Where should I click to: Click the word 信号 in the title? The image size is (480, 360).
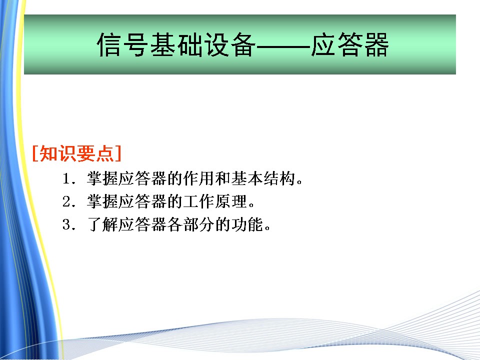pyautogui.click(x=123, y=44)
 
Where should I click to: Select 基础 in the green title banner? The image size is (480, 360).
pyautogui.click(x=176, y=44)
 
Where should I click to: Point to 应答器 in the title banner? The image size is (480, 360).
pyautogui.click(x=350, y=44)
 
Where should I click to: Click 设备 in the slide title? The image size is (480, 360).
pyautogui.click(x=230, y=44)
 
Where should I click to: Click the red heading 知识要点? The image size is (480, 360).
pyautogui.click(x=76, y=153)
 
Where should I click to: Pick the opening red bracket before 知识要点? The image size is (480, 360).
pyautogui.click(x=35, y=153)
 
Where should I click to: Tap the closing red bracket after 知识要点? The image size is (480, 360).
pyautogui.click(x=118, y=153)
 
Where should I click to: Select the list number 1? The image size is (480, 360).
pyautogui.click(x=67, y=178)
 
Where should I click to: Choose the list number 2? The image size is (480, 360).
pyautogui.click(x=67, y=201)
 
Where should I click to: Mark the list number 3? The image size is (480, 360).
pyautogui.click(x=67, y=224)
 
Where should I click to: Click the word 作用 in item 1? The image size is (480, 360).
pyautogui.click(x=198, y=178)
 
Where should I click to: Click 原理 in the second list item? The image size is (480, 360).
pyautogui.click(x=231, y=201)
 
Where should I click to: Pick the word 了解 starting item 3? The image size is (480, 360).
pyautogui.click(x=102, y=224)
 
